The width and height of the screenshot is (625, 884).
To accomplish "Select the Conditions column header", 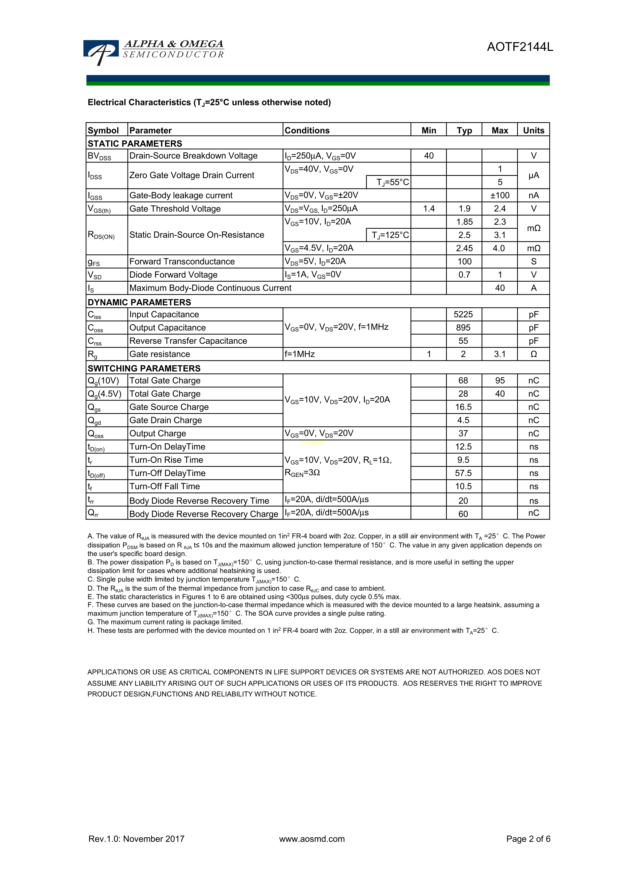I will (x=307, y=130).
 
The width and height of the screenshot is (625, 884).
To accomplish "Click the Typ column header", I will (x=464, y=130).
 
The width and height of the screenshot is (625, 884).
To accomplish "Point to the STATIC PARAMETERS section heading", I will (x=135, y=144).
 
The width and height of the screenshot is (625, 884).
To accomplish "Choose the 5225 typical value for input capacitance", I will (x=463, y=315).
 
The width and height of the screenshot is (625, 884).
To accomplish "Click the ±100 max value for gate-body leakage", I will (x=499, y=195).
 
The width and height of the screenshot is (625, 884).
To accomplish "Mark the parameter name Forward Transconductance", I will (x=182, y=262).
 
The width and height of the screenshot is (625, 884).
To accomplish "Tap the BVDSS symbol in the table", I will (x=99, y=156).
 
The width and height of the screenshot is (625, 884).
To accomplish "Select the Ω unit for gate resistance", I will (x=533, y=354).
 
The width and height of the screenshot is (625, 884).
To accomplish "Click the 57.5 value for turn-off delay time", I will (x=463, y=473).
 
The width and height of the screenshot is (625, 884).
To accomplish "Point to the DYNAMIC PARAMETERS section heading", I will (x=139, y=302).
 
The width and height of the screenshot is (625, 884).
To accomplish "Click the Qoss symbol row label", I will (x=96, y=434).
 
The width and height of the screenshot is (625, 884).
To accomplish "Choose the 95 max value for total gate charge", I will (x=499, y=381).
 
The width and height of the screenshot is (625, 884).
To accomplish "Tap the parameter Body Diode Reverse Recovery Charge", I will (x=203, y=514).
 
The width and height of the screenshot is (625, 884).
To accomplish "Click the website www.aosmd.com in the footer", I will (x=312, y=839).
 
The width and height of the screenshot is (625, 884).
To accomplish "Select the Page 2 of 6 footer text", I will (x=528, y=839).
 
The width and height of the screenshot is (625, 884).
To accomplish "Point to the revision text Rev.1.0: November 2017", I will (x=136, y=839).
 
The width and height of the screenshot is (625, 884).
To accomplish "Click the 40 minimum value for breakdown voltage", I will (x=429, y=156).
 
